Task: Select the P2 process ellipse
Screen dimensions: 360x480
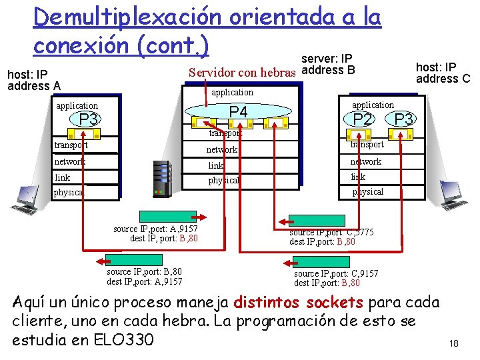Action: (x=362, y=119)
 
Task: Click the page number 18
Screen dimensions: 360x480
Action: (x=454, y=343)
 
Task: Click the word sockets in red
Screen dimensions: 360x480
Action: (x=334, y=303)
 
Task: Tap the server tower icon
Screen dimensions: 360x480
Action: (x=162, y=179)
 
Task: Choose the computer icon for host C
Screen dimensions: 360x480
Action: (x=453, y=195)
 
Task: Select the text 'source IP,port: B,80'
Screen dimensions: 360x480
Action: (x=144, y=271)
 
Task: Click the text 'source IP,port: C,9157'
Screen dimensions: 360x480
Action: (x=336, y=273)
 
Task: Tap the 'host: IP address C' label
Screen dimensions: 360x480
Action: (x=443, y=73)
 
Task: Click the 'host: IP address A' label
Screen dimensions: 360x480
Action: (x=33, y=80)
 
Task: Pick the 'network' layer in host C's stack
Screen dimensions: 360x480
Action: (x=366, y=161)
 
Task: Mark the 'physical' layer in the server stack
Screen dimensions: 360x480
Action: (x=224, y=180)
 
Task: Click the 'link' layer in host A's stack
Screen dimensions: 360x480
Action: (x=62, y=177)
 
